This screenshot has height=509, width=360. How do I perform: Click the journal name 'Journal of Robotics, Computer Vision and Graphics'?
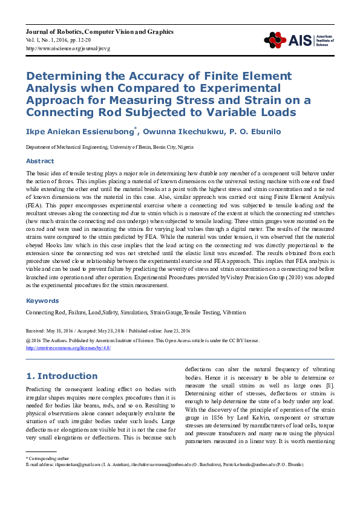point(100,31)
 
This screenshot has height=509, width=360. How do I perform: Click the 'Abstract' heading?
point(40,161)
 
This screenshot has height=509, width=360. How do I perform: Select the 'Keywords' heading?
point(42,300)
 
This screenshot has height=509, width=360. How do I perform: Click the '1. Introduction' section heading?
point(62,376)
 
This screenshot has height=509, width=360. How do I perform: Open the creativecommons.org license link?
point(68,348)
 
